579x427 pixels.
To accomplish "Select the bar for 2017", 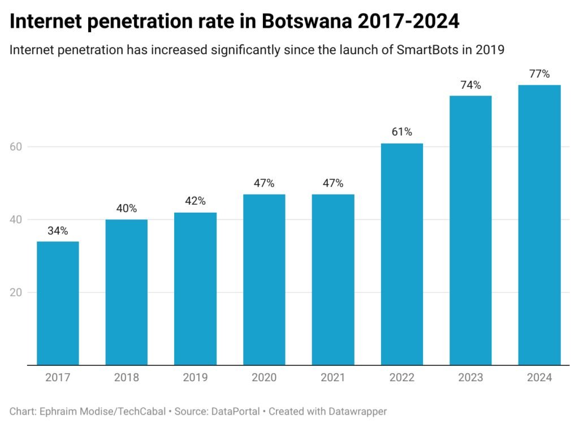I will point(58,303).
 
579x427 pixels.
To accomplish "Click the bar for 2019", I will point(195,288).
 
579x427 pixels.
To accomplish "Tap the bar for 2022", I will point(402,254).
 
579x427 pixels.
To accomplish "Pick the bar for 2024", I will point(539,225).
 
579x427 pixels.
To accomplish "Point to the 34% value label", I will point(58,231).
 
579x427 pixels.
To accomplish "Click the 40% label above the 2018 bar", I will point(127,209).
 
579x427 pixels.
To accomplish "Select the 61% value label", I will point(402,132).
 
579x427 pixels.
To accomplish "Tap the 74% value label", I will point(470,85).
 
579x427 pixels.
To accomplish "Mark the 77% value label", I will point(539,74).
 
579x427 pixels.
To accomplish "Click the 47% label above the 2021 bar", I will point(333,183).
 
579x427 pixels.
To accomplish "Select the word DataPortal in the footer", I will point(235,411).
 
